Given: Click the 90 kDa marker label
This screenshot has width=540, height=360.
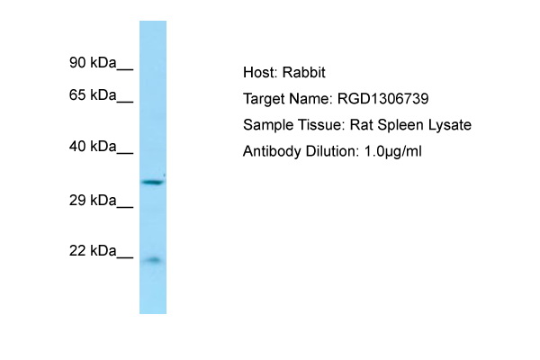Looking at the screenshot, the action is click(x=93, y=63).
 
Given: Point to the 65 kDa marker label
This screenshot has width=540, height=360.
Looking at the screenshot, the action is click(x=93, y=94).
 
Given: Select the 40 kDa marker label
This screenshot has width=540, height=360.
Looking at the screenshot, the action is click(x=93, y=147).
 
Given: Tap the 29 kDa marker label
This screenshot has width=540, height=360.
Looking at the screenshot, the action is click(x=93, y=200).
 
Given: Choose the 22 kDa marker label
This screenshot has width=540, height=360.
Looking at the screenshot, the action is click(x=93, y=250).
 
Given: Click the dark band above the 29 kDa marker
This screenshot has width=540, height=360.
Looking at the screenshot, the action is click(x=153, y=182).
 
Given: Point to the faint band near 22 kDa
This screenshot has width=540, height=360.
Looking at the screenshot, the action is click(x=154, y=260).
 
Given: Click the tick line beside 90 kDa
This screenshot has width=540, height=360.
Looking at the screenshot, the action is click(x=125, y=70).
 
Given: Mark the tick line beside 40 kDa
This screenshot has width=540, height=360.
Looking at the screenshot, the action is click(x=125, y=154).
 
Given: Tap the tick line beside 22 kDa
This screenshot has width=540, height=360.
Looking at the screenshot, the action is click(x=125, y=257).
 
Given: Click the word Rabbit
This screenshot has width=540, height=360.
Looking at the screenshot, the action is click(x=304, y=73).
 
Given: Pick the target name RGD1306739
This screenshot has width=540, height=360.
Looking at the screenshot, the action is click(x=383, y=99).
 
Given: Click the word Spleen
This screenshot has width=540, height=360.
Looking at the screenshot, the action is click(x=400, y=125).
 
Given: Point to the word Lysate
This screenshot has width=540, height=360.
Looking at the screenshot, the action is click(x=450, y=125).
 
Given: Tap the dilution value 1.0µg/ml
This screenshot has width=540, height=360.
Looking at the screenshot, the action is click(x=393, y=151).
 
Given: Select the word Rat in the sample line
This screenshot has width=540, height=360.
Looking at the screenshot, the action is click(x=361, y=125).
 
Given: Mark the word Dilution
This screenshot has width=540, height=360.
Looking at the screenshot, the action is click(x=332, y=151).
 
